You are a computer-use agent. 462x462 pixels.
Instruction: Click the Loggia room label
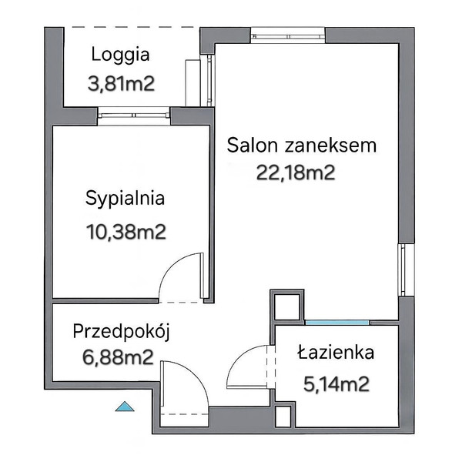tap(121, 55)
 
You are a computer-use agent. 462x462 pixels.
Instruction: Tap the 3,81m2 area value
tap(121, 83)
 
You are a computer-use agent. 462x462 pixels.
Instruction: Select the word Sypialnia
tap(125, 199)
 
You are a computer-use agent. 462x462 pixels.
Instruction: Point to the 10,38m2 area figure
tap(126, 232)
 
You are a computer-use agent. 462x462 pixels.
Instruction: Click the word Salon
tap(253, 145)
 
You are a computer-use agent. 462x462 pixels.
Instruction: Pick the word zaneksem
tap(330, 145)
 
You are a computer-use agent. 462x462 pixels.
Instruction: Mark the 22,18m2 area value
tap(296, 172)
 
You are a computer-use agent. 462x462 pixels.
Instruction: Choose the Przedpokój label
tap(121, 332)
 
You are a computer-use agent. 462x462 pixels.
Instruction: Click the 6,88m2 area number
tap(118, 357)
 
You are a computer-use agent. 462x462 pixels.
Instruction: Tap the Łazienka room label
tap(336, 352)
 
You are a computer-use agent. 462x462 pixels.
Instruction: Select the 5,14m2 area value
tap(336, 384)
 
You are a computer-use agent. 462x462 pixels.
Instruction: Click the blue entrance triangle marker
tap(125, 407)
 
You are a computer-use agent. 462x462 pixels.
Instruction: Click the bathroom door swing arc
tap(240, 359)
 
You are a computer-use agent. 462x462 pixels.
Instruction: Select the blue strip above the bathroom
tap(337, 323)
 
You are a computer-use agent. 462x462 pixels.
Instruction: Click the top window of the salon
tap(288, 36)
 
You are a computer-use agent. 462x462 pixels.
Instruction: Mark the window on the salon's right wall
tap(407, 269)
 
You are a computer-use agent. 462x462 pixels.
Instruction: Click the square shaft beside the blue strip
tap(286, 306)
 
